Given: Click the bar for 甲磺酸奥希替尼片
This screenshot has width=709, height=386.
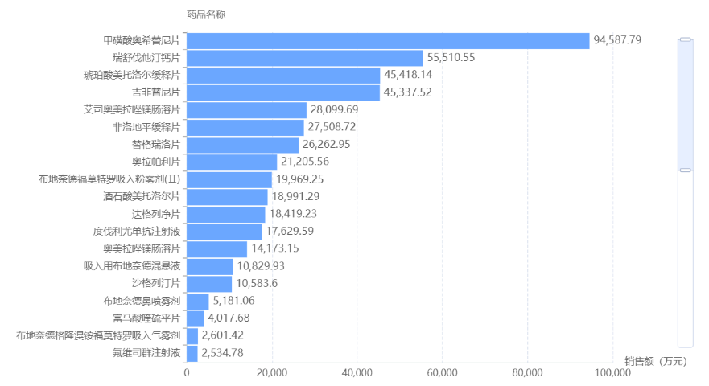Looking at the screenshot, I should (388, 40).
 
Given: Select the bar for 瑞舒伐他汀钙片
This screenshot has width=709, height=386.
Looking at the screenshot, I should (305, 58).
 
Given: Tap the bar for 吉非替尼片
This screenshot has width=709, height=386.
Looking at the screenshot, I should (283, 92).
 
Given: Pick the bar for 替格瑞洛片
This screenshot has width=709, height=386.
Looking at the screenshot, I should (242, 145).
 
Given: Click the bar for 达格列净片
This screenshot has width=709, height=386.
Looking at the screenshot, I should (226, 214).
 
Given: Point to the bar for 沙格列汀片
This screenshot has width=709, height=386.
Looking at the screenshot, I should (209, 283).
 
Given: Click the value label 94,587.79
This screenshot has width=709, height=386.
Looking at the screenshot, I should (617, 40).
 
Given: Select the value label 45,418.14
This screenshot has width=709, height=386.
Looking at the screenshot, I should (408, 75).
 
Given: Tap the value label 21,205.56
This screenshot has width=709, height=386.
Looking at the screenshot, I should (305, 162).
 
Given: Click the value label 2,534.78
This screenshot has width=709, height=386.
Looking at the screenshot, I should (222, 353).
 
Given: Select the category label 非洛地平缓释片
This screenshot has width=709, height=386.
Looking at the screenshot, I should (146, 127).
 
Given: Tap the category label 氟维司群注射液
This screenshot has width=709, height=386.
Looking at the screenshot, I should (146, 353).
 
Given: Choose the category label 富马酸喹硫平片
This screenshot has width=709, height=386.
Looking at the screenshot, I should (146, 318).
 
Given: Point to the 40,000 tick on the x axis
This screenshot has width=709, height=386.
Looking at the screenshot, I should (357, 373).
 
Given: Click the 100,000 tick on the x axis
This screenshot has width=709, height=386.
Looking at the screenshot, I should (612, 373).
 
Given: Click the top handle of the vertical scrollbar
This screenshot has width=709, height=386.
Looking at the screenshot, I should (686, 39).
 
